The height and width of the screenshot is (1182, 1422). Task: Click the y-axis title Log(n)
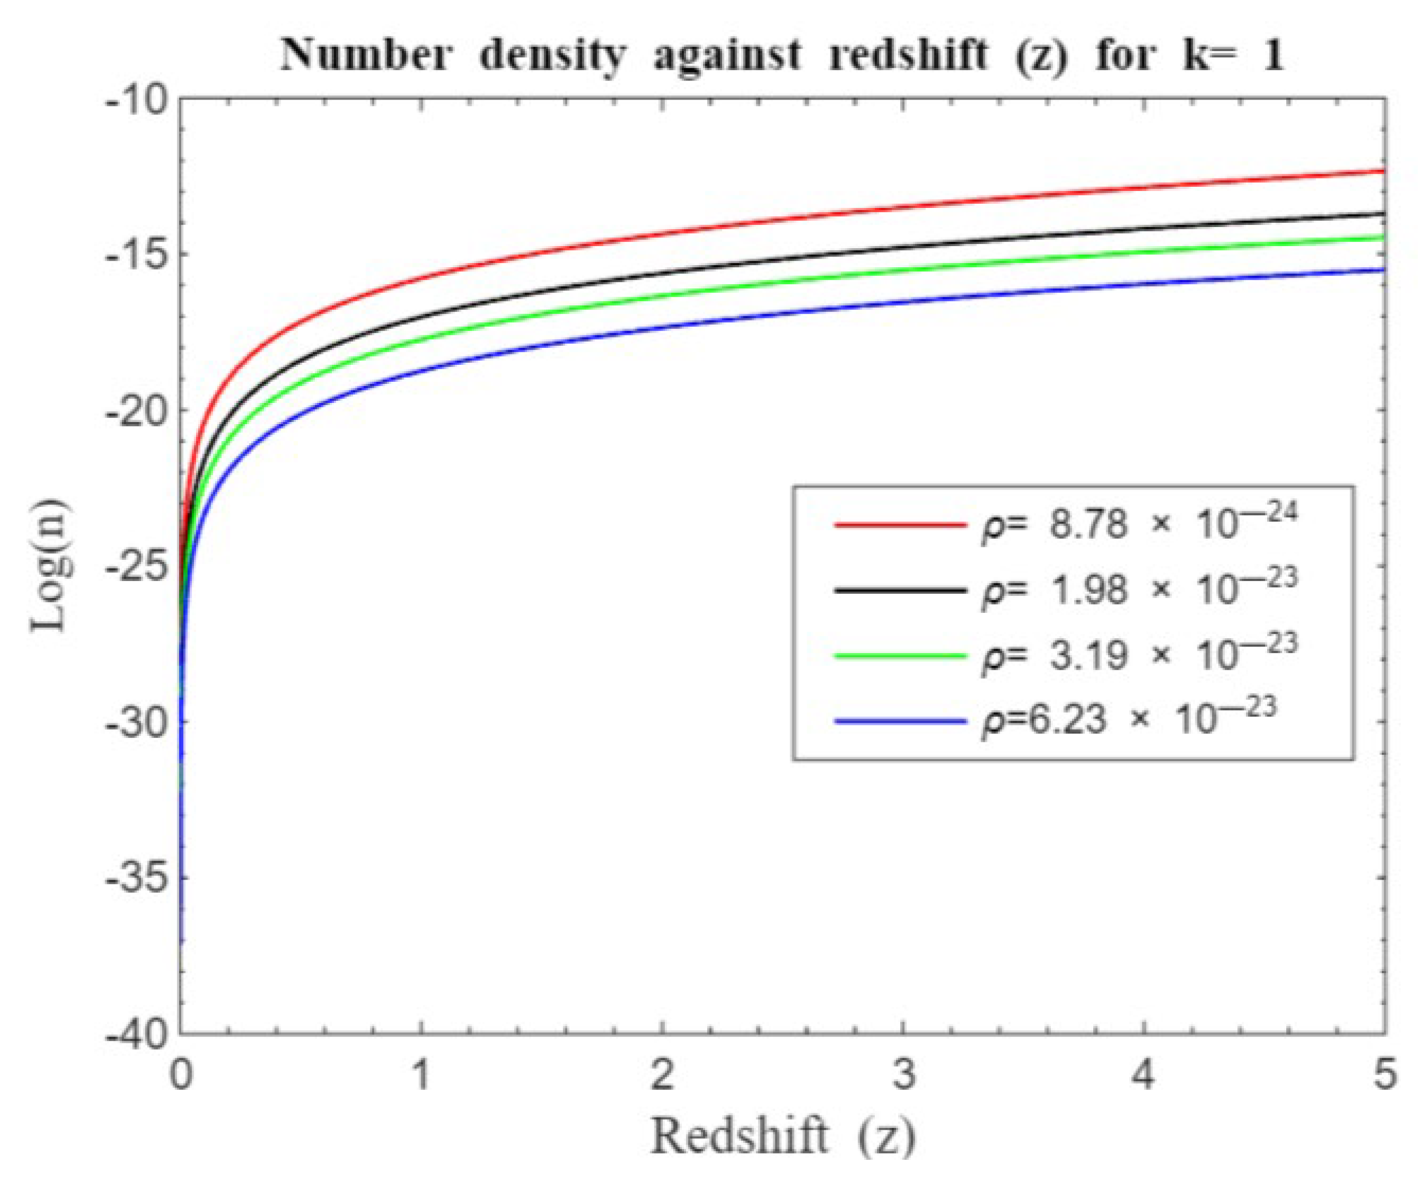pyautogui.click(x=51, y=568)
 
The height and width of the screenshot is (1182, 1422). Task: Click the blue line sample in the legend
pyautogui.click(x=901, y=722)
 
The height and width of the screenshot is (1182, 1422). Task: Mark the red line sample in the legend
pyautogui.click(x=901, y=525)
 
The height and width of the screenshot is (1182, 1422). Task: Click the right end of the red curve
pyautogui.click(x=1381, y=171)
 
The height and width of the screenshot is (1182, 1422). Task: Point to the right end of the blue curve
pyautogui.click(x=1381, y=270)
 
